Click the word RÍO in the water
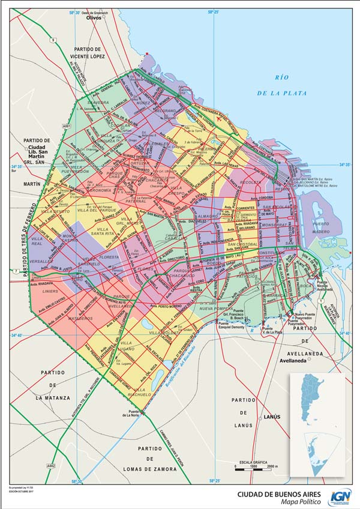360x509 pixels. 282,77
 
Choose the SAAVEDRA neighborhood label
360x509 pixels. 98,103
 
